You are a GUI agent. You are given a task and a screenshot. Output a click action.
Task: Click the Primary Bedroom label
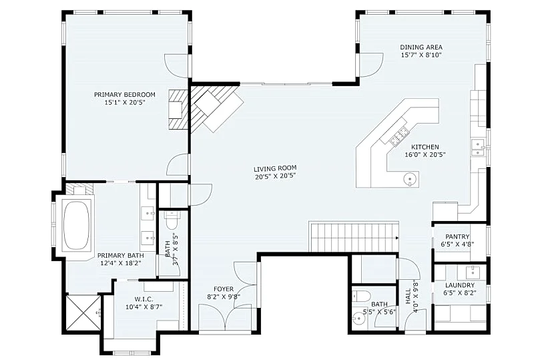(125, 94)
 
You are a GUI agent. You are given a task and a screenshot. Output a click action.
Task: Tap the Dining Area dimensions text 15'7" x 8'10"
(421, 55)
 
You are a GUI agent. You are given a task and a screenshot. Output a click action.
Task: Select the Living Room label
(275, 168)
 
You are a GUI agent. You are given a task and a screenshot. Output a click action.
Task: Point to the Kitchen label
(425, 147)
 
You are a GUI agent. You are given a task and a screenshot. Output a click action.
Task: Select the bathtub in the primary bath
(76, 225)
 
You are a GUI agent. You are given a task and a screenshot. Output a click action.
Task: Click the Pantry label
(457, 236)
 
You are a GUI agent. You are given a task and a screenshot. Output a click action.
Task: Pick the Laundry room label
(460, 285)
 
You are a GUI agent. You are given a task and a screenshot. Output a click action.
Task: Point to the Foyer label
(224, 289)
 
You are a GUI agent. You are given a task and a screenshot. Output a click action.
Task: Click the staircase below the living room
(354, 237)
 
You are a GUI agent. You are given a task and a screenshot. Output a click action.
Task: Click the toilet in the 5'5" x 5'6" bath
(360, 295)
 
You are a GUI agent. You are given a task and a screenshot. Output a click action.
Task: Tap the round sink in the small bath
(358, 319)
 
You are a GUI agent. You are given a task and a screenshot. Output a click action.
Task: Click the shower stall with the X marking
(83, 313)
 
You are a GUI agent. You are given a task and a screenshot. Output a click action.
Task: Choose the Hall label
(408, 298)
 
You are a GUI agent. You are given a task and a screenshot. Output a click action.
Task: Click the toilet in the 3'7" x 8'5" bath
(172, 220)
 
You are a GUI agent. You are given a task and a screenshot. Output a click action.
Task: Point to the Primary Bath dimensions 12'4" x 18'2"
(121, 263)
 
